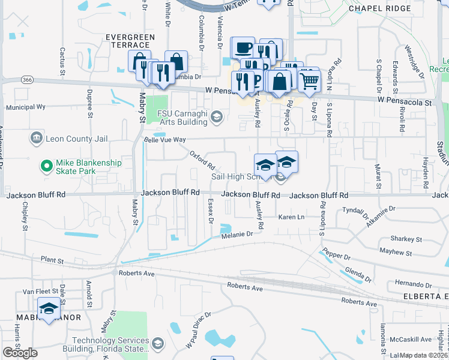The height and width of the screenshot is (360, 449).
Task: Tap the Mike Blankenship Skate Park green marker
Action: coord(45,164)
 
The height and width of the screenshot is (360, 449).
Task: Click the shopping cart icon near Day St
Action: coord(309,80)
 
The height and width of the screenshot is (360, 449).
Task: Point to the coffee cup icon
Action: coord(243,47)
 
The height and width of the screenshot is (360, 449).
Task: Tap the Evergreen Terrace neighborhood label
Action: coord(130,37)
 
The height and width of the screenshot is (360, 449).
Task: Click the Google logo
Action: coord(20,353)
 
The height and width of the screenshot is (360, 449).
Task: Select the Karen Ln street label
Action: coord(292,217)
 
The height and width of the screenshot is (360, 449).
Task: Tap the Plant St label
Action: coord(52,260)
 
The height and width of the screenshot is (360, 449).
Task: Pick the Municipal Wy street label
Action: coord(26,107)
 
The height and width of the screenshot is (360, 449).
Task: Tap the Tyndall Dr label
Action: coord(355,212)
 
